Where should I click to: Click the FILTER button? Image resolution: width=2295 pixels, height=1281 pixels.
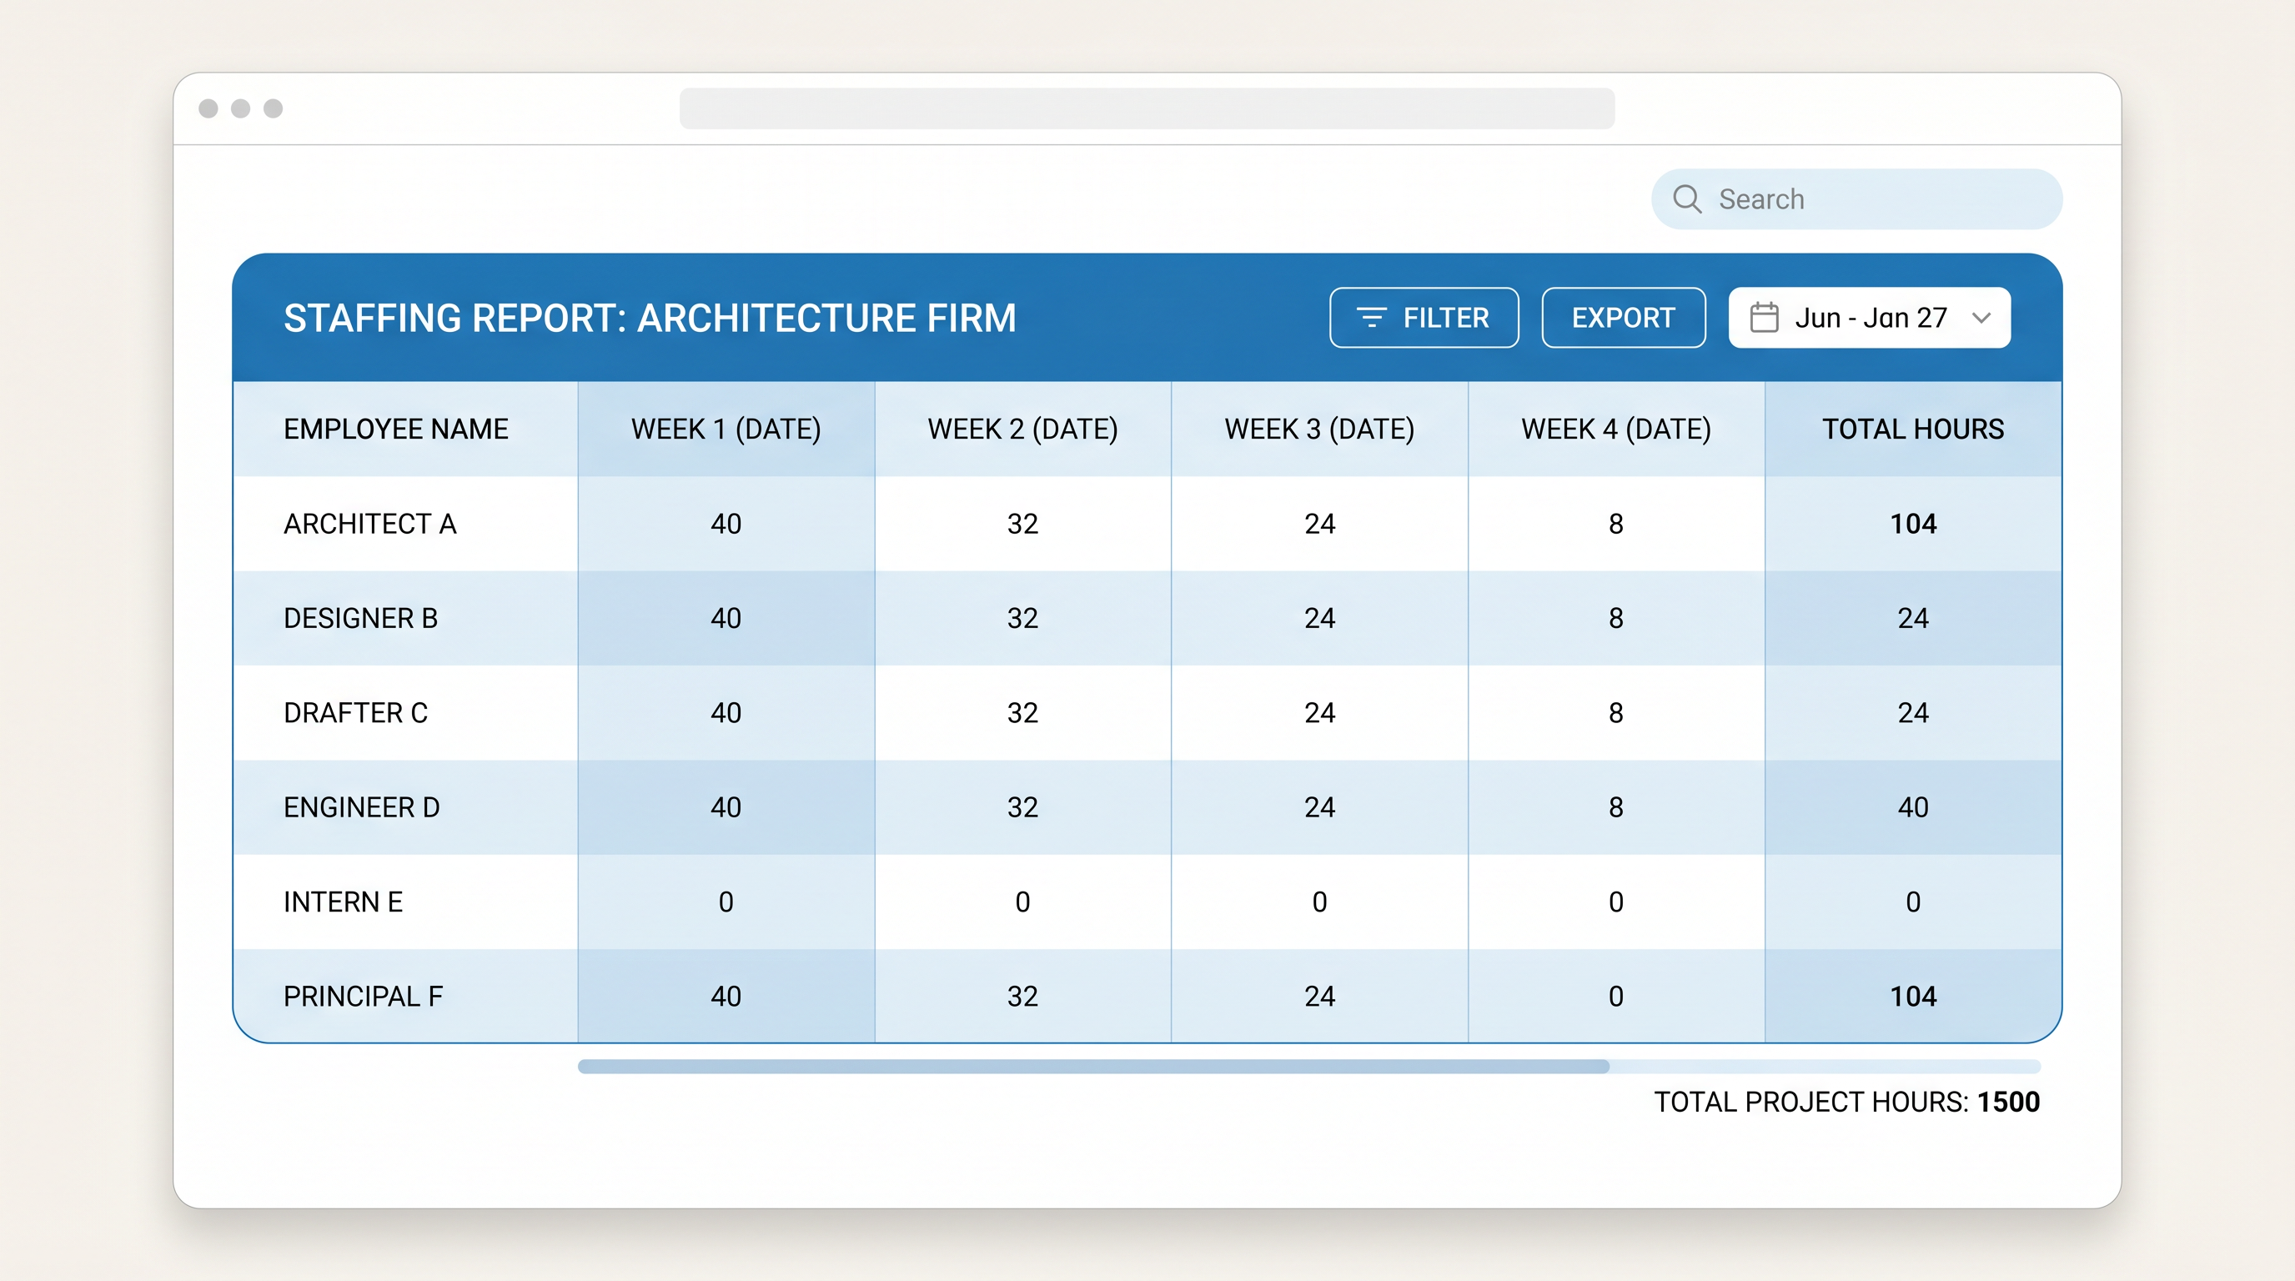(x=1423, y=317)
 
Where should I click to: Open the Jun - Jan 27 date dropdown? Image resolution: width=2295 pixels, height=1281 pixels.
(x=1868, y=317)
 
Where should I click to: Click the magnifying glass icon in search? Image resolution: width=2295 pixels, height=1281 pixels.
(x=1686, y=198)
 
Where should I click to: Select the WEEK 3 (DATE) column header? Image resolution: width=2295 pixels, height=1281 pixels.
(x=1318, y=429)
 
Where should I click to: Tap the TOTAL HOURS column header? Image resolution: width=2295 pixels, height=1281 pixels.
(x=1912, y=429)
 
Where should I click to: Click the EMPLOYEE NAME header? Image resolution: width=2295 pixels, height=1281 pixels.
(x=395, y=429)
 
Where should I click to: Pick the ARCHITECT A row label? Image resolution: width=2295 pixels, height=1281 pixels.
(x=369, y=524)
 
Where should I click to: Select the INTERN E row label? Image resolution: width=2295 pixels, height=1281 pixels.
(x=343, y=902)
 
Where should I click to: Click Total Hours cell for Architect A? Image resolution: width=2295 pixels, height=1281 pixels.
(x=1912, y=524)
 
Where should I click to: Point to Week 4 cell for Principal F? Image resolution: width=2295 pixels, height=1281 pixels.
(x=1615, y=996)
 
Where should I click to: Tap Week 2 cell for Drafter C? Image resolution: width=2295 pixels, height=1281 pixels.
(x=1022, y=713)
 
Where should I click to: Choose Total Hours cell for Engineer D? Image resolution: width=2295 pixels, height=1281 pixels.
(x=1912, y=807)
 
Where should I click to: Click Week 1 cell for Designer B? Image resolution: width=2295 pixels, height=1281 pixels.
(x=726, y=618)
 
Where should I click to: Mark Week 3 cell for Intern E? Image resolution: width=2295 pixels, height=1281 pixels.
(x=1318, y=902)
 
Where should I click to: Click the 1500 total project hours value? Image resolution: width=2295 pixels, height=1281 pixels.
(x=2008, y=1102)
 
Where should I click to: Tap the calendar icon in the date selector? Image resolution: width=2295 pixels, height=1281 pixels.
(x=1763, y=317)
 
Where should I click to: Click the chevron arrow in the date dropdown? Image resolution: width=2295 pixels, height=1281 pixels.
(x=1981, y=317)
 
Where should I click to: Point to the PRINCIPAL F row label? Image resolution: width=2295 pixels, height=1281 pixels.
(x=363, y=996)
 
